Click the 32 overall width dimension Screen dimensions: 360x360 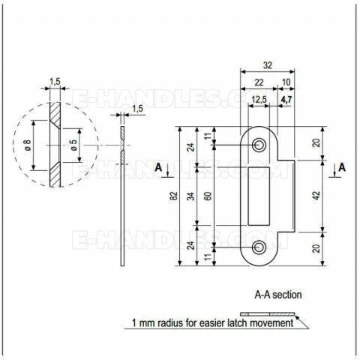click(267, 65)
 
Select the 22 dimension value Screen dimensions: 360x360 click(259, 82)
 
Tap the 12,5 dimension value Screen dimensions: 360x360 click(259, 100)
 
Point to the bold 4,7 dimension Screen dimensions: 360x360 click(286, 100)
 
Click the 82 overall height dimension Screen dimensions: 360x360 click(174, 196)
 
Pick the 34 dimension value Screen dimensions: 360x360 click(191, 196)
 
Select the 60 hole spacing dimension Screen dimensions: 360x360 click(208, 196)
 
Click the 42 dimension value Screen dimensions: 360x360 click(316, 195)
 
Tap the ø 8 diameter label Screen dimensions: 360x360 click(28, 145)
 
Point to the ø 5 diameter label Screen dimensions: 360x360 click(74, 145)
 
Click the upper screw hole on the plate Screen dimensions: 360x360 click(258, 145)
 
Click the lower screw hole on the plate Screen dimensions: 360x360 click(258, 247)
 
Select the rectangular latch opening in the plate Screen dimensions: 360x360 click(259, 196)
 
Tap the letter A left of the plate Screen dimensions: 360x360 click(158, 167)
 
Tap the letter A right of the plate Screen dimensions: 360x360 click(342, 167)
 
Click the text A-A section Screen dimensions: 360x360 click(278, 295)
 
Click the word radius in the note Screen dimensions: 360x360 click(171, 323)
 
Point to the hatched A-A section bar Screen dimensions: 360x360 click(268, 314)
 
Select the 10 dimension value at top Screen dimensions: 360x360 click(286, 82)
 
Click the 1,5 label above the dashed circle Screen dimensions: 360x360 click(55, 82)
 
